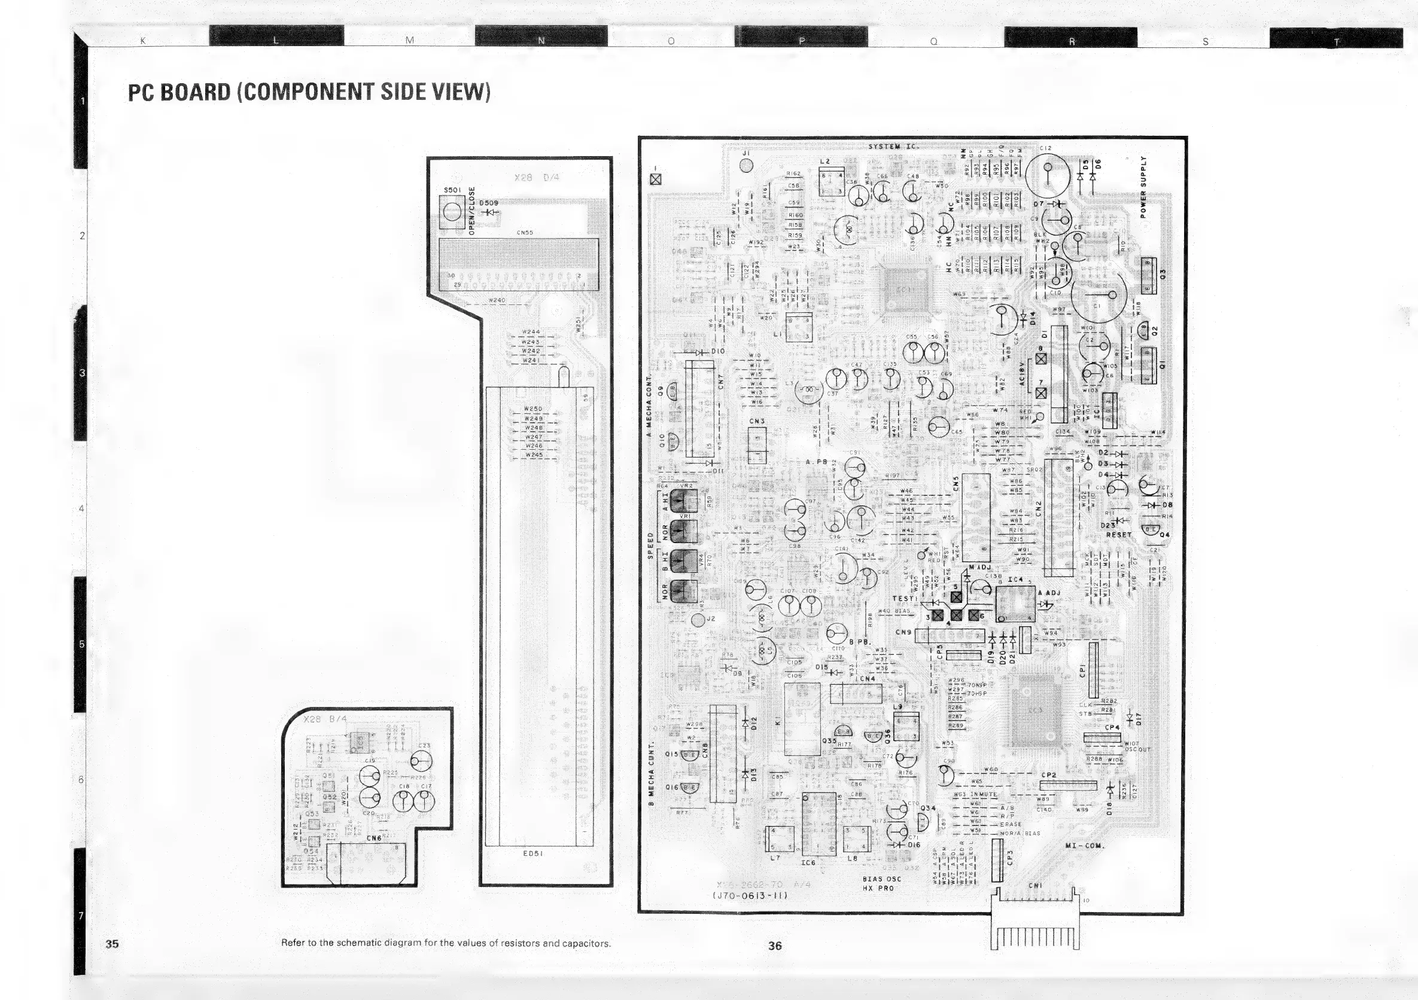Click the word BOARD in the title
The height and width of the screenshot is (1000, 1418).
(x=195, y=92)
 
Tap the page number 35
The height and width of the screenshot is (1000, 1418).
(x=112, y=943)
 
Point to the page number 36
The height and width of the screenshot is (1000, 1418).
(x=775, y=945)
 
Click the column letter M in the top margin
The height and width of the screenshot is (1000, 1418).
(x=409, y=40)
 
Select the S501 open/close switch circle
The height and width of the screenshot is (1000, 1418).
(x=452, y=212)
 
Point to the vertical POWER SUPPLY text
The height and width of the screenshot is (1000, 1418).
(x=1143, y=187)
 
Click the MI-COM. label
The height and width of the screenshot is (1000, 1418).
(x=1086, y=845)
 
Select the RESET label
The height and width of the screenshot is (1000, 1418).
(x=1118, y=535)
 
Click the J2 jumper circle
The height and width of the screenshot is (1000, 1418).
(x=698, y=619)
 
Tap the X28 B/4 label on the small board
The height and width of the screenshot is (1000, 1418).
(x=326, y=719)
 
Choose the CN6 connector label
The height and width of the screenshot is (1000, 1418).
(x=373, y=839)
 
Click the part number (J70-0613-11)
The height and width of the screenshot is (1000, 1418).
(x=750, y=896)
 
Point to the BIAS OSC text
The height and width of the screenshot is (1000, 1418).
(x=881, y=879)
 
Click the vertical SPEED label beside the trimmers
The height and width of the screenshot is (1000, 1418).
(x=650, y=545)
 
